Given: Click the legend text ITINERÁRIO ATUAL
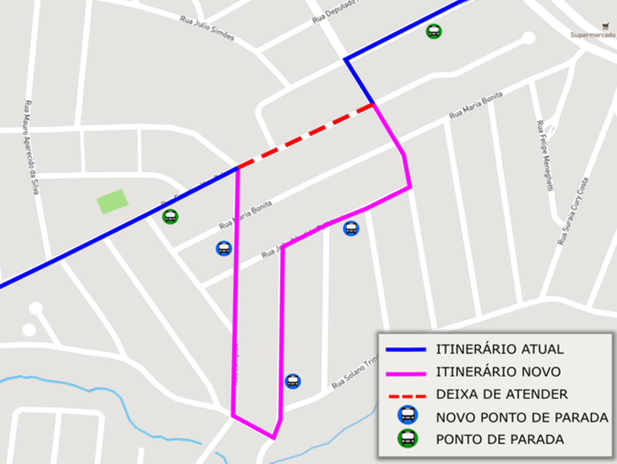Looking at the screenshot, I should [499, 349].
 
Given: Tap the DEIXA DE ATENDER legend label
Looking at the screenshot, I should [501, 395].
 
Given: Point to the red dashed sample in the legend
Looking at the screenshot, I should [406, 396].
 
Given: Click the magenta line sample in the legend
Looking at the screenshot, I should [406, 373].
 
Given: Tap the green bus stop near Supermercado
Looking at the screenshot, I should [434, 31].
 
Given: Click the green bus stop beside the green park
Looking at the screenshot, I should [170, 217].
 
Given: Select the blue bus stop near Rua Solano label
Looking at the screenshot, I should [293, 381].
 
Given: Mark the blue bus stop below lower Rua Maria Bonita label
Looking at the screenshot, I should [224, 248].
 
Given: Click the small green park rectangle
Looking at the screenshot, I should [113, 201].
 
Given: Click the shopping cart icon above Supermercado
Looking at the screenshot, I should [605, 26].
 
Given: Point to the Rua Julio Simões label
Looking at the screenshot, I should [207, 28].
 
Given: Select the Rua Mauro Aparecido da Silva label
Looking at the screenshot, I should [31, 147].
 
